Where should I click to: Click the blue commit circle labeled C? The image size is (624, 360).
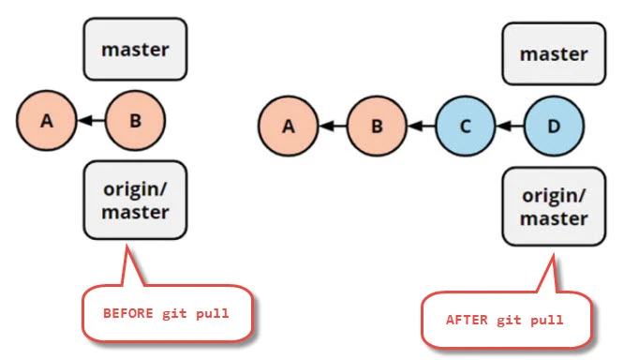click(466, 124)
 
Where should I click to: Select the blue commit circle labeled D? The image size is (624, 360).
click(554, 124)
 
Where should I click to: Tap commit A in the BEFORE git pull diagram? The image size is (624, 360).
click(46, 120)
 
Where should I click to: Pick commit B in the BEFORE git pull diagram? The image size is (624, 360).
click(135, 120)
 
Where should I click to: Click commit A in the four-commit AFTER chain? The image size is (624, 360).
click(289, 124)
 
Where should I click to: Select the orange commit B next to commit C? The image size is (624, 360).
click(378, 124)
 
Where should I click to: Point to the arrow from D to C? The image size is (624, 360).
click(510, 124)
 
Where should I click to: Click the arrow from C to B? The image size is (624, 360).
click(422, 124)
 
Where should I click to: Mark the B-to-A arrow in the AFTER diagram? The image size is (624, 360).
click(333, 124)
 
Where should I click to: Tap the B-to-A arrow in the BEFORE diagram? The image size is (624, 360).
click(90, 120)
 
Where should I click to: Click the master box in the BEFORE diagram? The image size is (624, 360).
click(135, 48)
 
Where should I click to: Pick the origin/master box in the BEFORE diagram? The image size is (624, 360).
click(135, 200)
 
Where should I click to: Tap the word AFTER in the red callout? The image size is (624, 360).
click(465, 320)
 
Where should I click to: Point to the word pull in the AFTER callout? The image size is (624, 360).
click(546, 320)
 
